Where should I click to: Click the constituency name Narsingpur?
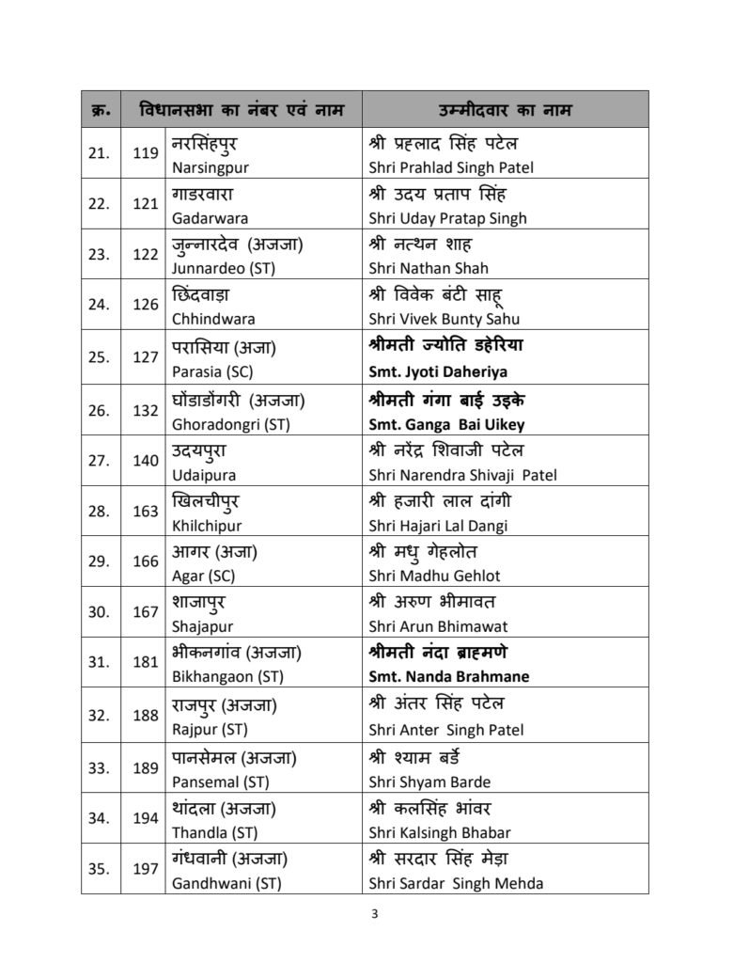(211, 167)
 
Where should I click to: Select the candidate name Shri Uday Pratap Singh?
(447, 218)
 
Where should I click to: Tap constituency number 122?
(146, 254)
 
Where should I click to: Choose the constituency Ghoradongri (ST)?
(230, 423)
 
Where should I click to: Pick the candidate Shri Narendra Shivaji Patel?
(462, 475)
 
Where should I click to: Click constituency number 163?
(146, 510)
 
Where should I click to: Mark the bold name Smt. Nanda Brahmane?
(449, 676)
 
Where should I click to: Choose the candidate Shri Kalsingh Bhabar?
(440, 832)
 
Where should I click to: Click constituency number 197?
(146, 869)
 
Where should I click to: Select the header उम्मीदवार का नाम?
(506, 110)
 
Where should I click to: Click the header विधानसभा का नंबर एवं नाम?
(241, 110)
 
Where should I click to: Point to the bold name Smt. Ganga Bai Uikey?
(446, 423)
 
